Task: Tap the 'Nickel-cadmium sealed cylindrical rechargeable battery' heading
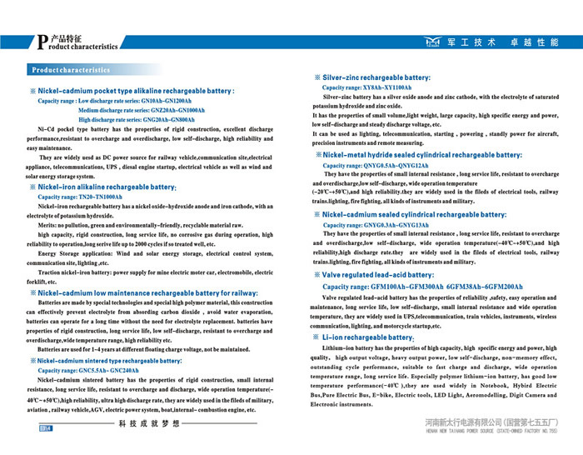click(414, 214)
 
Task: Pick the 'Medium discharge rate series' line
click(141, 110)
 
